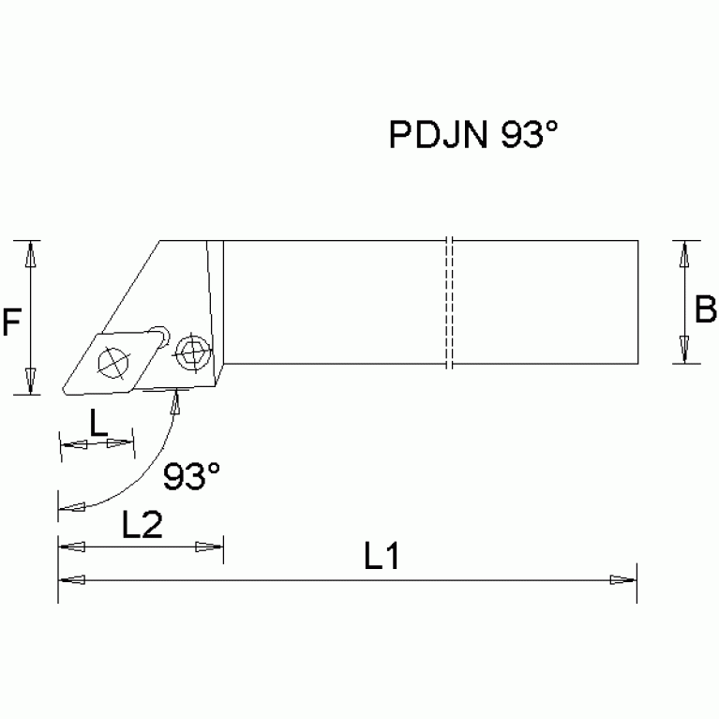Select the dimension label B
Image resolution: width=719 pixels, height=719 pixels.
pyautogui.click(x=705, y=308)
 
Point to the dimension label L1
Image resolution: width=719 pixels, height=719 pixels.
pyautogui.click(x=382, y=559)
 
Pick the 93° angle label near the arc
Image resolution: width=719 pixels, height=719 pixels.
pyautogui.click(x=191, y=477)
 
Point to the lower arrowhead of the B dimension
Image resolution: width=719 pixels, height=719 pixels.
pyautogui.click(x=686, y=352)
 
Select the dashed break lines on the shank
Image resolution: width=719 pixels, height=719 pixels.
pyautogui.click(x=450, y=302)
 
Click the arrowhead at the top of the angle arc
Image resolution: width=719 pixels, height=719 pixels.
pyautogui.click(x=175, y=401)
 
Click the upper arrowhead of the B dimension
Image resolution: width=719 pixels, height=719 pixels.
pyautogui.click(x=686, y=252)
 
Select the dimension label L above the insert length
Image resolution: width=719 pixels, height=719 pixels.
pyautogui.click(x=97, y=424)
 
